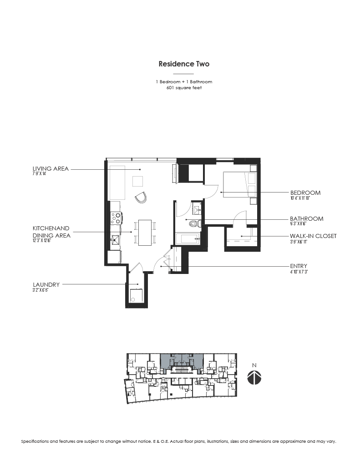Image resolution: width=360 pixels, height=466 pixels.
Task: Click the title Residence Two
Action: (x=184, y=64)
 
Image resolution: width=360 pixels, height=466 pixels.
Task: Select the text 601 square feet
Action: (x=184, y=88)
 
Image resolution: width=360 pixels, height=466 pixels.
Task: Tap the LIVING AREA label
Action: (x=51, y=169)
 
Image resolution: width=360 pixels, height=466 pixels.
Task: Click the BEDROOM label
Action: (x=305, y=192)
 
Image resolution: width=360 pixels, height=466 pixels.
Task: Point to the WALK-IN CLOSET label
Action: (x=313, y=236)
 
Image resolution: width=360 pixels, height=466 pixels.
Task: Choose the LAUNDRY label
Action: (x=46, y=284)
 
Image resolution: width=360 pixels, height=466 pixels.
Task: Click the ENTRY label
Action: (x=298, y=266)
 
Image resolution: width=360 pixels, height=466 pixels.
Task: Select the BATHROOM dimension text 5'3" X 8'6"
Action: (x=300, y=224)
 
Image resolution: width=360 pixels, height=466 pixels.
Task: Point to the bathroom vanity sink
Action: (x=197, y=209)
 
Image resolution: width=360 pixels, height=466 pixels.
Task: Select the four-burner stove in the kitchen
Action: (x=116, y=218)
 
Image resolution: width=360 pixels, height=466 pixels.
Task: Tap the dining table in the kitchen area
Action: (x=145, y=232)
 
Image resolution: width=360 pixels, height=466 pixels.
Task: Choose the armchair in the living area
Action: (x=142, y=197)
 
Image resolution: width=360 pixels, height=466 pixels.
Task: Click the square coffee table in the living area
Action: (x=138, y=181)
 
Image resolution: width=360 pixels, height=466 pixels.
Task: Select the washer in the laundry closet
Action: (x=136, y=296)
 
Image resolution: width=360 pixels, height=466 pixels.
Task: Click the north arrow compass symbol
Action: (x=254, y=377)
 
